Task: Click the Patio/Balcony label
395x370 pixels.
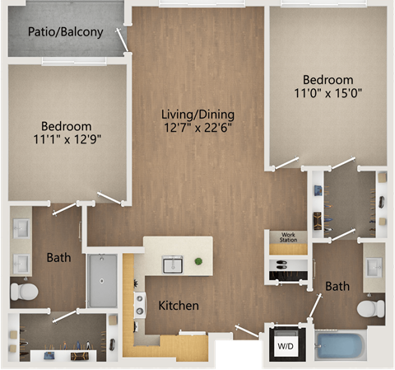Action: tap(66, 32)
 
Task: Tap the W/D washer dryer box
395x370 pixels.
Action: tap(286, 344)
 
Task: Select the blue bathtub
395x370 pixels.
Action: tap(340, 346)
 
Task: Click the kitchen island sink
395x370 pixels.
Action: tap(173, 265)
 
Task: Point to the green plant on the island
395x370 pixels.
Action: tap(198, 261)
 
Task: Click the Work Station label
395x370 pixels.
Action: tap(288, 237)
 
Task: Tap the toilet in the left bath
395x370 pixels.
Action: tap(24, 292)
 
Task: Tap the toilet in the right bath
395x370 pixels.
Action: tap(370, 308)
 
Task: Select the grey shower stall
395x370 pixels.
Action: tap(102, 280)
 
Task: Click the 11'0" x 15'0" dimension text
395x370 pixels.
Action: tap(328, 93)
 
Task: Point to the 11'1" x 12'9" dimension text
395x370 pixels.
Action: tap(67, 139)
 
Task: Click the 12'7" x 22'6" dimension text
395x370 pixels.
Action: tap(197, 128)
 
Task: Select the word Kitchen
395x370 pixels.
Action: tap(179, 306)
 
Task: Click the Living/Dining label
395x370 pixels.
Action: tap(197, 115)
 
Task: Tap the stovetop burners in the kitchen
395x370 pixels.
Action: tap(140, 305)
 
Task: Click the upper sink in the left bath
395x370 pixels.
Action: tap(21, 228)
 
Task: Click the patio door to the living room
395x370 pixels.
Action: tap(122, 40)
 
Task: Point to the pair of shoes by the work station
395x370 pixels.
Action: tap(281, 265)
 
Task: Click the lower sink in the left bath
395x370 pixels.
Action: tap(21, 264)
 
